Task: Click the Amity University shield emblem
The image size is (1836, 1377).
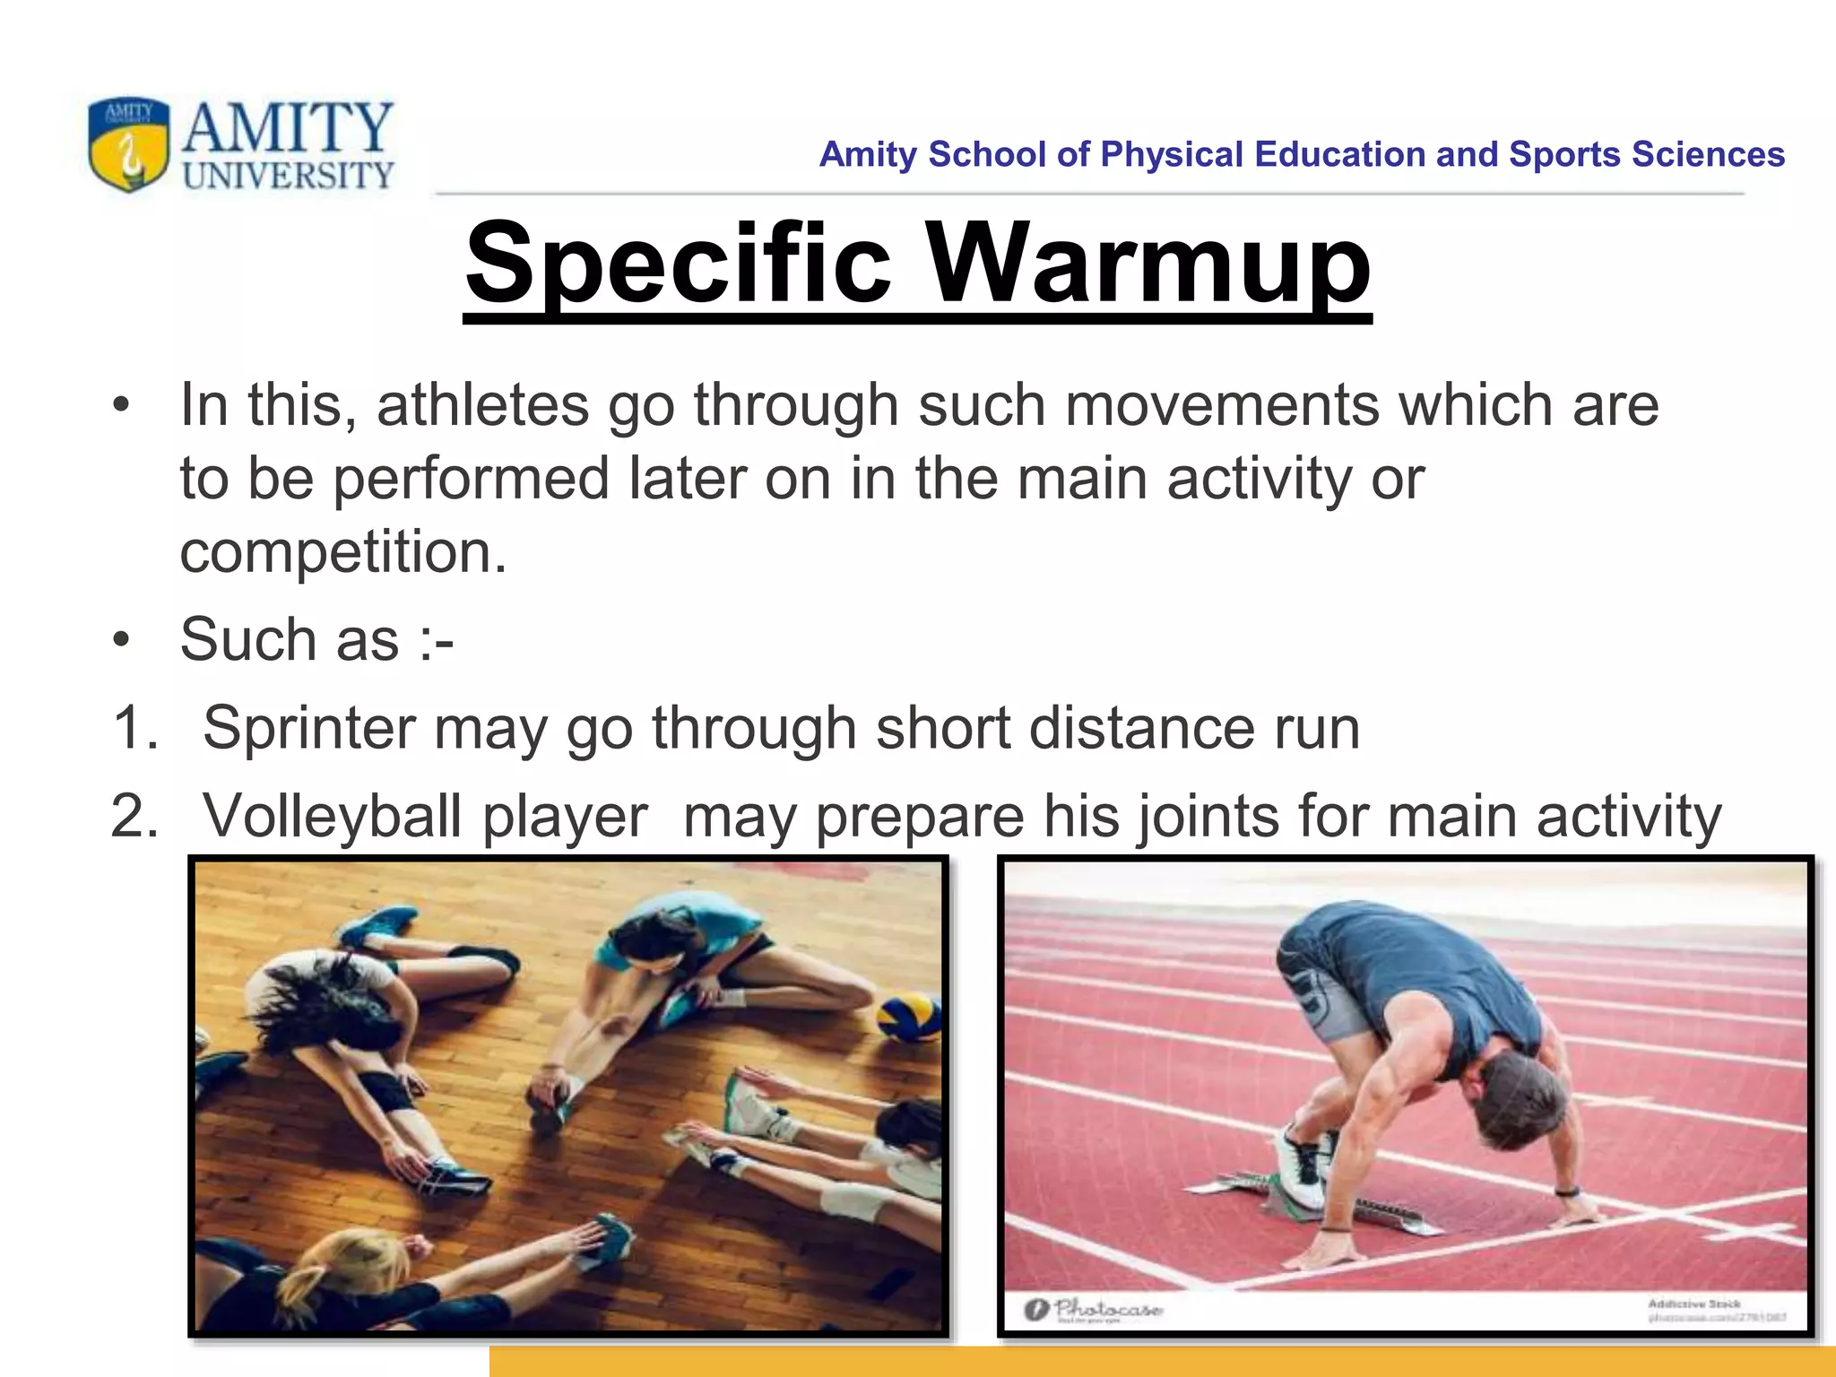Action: coord(129,144)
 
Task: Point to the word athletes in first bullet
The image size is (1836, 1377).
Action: coord(482,405)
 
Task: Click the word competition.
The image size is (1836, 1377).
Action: coord(342,551)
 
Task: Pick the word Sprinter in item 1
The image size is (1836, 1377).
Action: coord(308,727)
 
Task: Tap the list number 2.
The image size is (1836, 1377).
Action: coord(134,816)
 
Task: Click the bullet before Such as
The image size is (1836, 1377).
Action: coord(122,640)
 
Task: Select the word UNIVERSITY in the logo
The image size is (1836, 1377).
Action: coord(288,175)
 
